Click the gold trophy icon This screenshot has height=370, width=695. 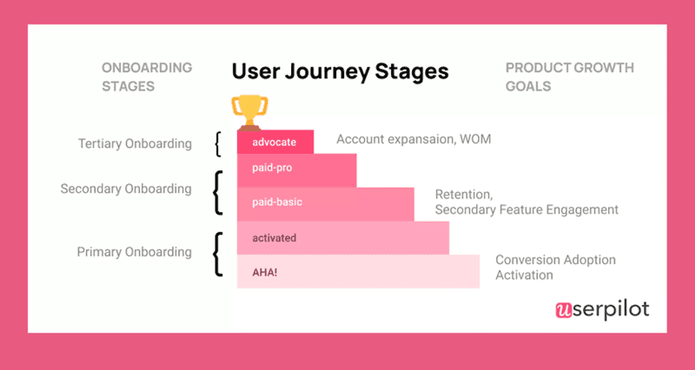pyautogui.click(x=248, y=110)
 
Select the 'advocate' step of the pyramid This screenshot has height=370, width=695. pyautogui.click(x=275, y=141)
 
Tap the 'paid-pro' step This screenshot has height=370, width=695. pyautogui.click(x=296, y=170)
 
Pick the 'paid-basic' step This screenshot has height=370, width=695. pyautogui.click(x=326, y=203)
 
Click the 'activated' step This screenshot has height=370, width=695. pyautogui.click(x=342, y=237)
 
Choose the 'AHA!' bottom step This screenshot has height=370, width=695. pyautogui.click(x=358, y=271)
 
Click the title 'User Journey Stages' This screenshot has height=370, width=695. pyautogui.click(x=340, y=71)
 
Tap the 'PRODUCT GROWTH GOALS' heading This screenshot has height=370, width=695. pyautogui.click(x=569, y=76)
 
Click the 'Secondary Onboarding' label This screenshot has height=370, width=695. pyautogui.click(x=125, y=188)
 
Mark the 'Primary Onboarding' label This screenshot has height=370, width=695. pyautogui.click(x=134, y=252)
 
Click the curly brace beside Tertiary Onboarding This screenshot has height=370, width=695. pyautogui.click(x=217, y=143)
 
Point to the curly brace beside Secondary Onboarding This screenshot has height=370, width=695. pyautogui.click(x=217, y=192)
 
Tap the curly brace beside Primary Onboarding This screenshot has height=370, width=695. pyautogui.click(x=217, y=253)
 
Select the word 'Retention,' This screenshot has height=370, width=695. pyautogui.click(x=465, y=195)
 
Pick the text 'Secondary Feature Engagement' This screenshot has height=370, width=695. pyautogui.click(x=526, y=209)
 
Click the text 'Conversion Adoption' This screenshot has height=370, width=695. pyautogui.click(x=555, y=260)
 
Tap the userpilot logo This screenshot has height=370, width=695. pyautogui.click(x=601, y=308)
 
